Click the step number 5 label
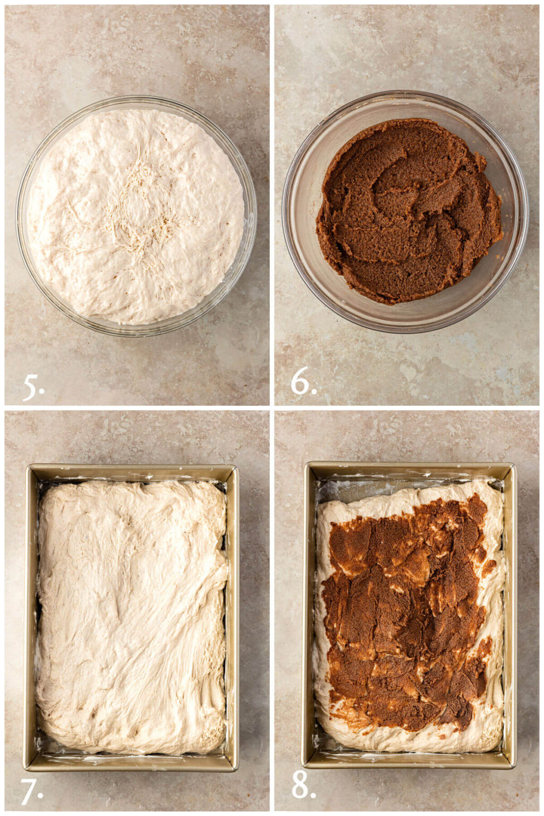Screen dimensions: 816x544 click(x=33, y=387)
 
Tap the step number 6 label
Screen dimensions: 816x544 click(x=303, y=382)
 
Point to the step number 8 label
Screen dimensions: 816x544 click(x=303, y=784)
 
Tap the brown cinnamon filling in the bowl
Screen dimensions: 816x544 click(x=409, y=212)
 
